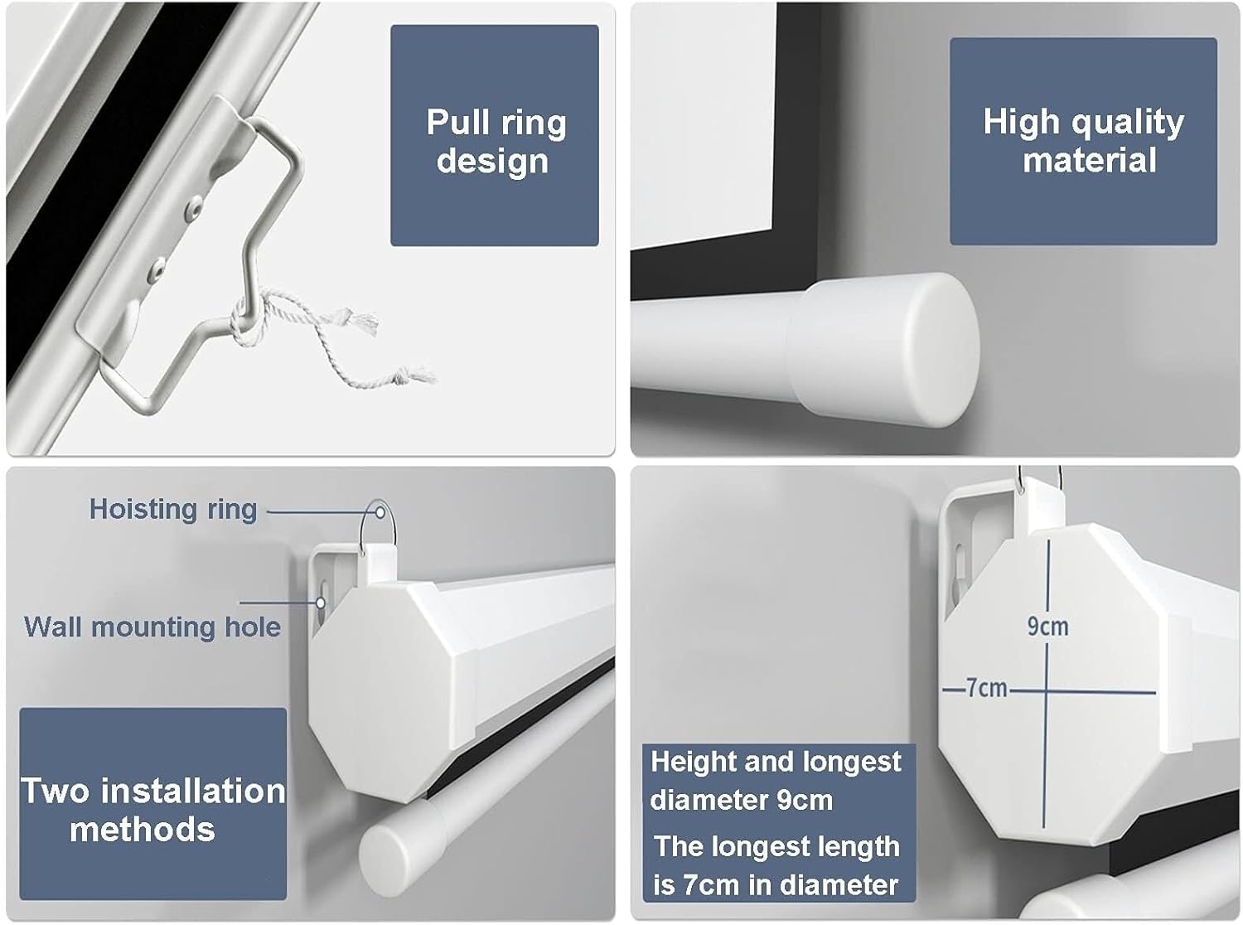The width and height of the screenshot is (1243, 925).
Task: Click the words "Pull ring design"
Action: [496, 141]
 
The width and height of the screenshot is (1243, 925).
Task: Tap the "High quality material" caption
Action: [1083, 141]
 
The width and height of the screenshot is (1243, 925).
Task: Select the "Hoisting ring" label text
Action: [173, 510]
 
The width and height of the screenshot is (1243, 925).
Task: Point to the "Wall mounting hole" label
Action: [152, 627]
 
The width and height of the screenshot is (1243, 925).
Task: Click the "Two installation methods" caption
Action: [153, 810]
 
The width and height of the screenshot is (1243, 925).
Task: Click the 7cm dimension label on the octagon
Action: [986, 689]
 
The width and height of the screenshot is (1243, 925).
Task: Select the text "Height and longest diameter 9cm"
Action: [776, 780]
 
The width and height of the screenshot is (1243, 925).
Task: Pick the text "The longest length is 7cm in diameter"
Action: [776, 865]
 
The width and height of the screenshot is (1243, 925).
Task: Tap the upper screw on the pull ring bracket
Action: [195, 206]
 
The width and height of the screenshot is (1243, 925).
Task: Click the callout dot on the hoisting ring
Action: [380, 512]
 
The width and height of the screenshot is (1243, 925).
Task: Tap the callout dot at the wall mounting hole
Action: [321, 603]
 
